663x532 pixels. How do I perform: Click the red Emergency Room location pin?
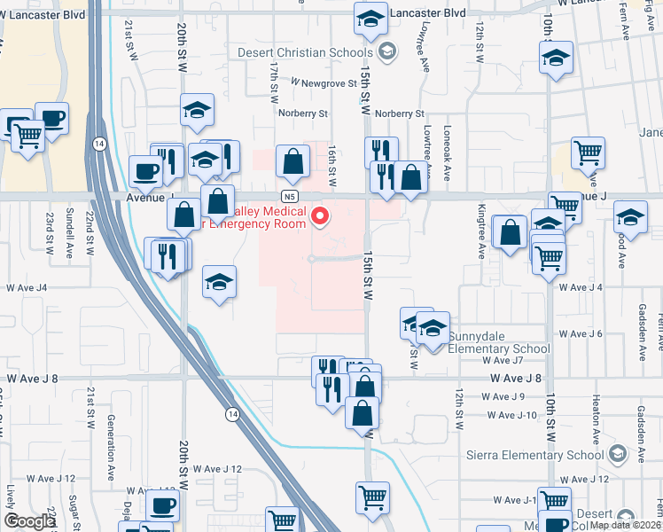click(x=321, y=216)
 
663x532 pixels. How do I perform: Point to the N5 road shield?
click(x=290, y=196)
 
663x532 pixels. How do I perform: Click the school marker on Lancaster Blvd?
click(x=370, y=19)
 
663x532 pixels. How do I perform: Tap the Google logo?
click(x=29, y=521)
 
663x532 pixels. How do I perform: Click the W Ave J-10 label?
click(x=512, y=415)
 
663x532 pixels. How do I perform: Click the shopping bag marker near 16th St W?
click(x=292, y=161)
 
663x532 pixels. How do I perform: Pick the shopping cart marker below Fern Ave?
click(x=588, y=153)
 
